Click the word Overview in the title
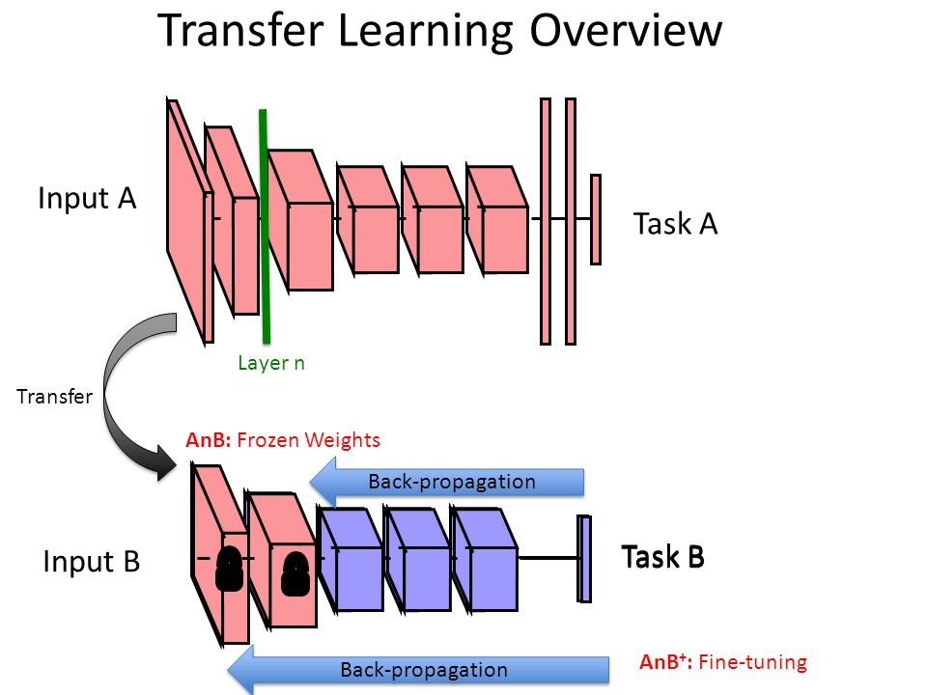click(x=625, y=31)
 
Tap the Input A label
click(x=87, y=199)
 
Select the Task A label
click(x=675, y=224)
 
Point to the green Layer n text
click(x=271, y=363)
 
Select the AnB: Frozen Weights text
click(x=283, y=440)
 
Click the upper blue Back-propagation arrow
click(x=449, y=482)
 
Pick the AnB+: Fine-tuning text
click(x=722, y=662)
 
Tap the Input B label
click(x=92, y=561)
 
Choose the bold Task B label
click(x=663, y=557)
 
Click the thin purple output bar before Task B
click(x=583, y=558)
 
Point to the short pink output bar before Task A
click(x=596, y=219)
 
